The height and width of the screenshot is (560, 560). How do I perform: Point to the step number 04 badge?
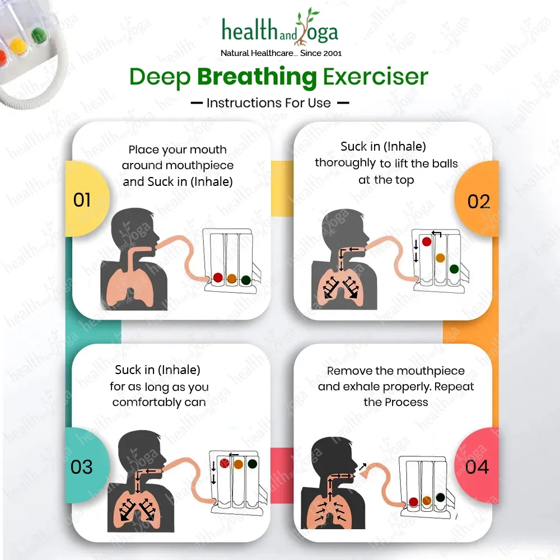click(477, 466)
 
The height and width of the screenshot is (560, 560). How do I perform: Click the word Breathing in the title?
click(257, 77)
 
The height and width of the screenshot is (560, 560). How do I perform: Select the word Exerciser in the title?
click(375, 76)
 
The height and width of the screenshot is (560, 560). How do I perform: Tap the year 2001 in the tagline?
click(331, 53)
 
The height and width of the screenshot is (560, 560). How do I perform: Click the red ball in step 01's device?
click(218, 278)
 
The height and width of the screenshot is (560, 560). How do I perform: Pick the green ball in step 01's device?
click(246, 280)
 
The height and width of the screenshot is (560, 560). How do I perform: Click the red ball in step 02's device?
click(426, 242)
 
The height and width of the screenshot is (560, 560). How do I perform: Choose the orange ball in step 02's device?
click(440, 258)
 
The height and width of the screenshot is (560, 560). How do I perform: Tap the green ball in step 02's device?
click(454, 269)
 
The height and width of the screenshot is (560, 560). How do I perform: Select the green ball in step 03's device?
click(252, 464)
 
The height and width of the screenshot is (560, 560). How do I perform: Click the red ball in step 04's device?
click(414, 502)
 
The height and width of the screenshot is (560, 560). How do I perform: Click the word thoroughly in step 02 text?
click(345, 163)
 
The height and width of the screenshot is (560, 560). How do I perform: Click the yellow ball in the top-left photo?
click(17, 45)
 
